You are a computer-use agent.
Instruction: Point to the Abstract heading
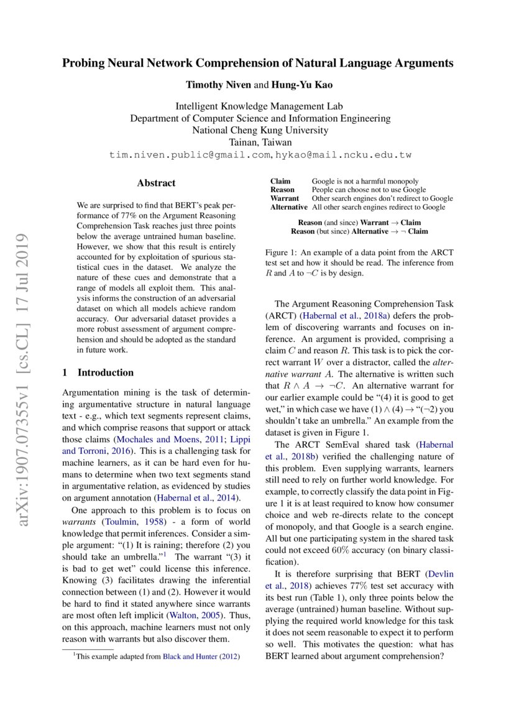coord(156,183)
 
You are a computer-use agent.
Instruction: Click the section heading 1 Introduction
coord(98,373)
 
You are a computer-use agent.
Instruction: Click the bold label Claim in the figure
coord(280,181)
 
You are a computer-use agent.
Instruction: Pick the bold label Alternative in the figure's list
coord(288,207)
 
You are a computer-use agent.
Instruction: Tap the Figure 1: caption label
coord(283,252)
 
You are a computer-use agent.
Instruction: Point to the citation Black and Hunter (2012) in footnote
coord(201,655)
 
